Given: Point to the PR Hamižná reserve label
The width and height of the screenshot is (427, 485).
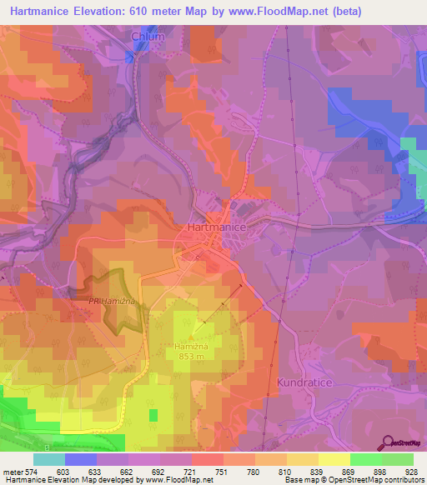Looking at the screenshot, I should tap(113, 302).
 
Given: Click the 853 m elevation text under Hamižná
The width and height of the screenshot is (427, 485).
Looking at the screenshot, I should tap(191, 357).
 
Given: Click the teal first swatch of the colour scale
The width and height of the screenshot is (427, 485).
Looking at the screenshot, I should tap(49, 459).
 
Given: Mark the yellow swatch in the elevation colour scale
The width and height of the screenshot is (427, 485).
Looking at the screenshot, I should tap(334, 459).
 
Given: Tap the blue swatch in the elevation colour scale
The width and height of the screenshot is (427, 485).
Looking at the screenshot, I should tap(81, 459).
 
